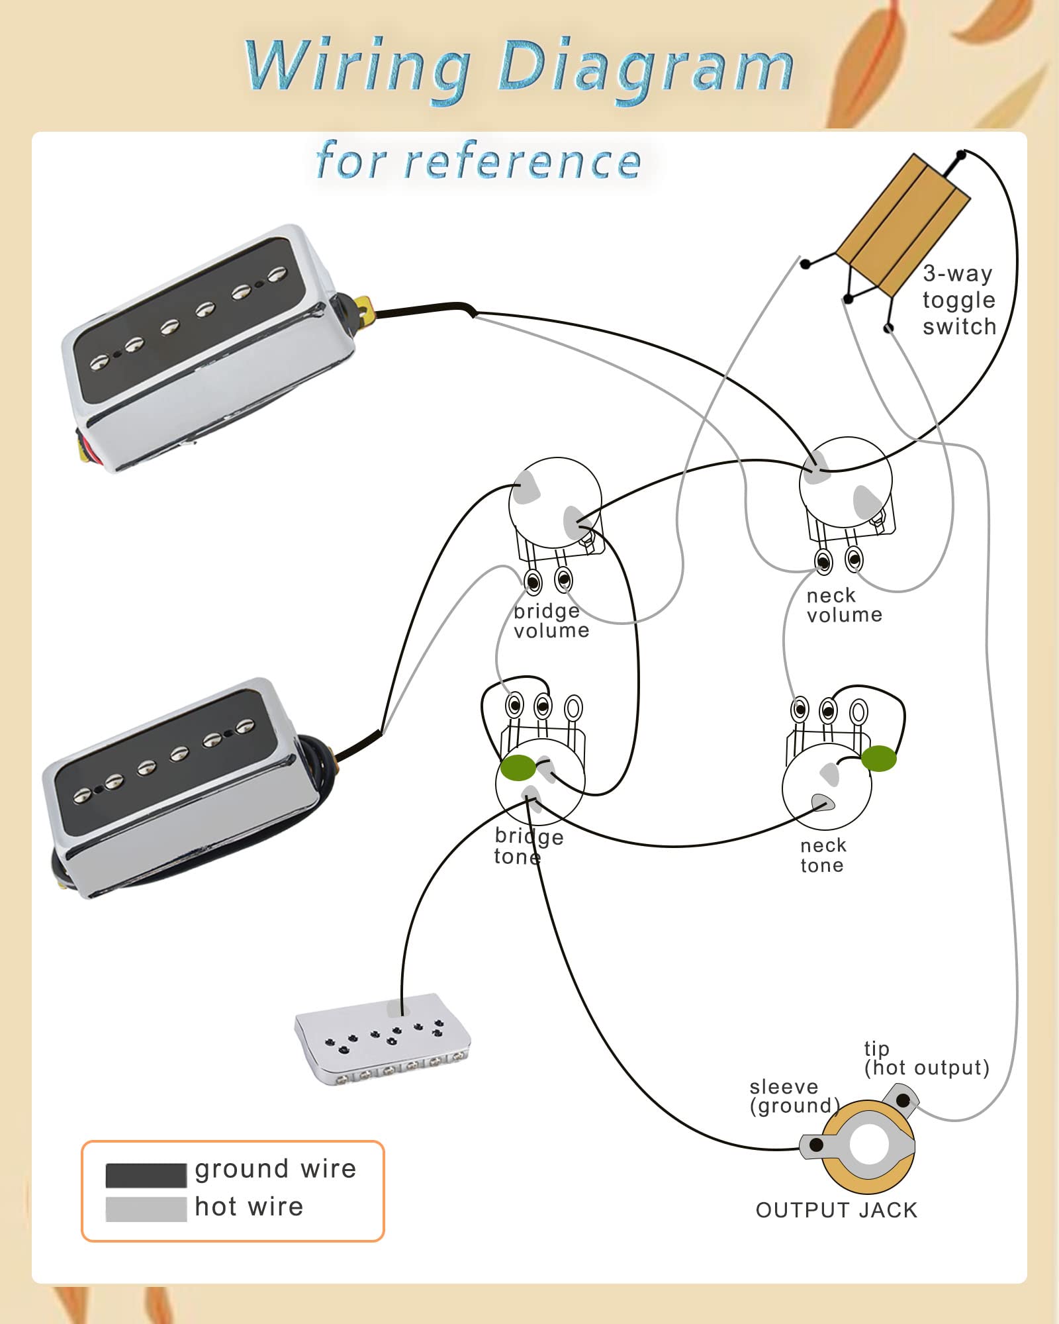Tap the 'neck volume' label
[x=844, y=605]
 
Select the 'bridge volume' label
[x=551, y=621]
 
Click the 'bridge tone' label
[x=528, y=847]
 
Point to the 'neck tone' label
[x=823, y=855]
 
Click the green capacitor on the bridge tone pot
[x=518, y=767]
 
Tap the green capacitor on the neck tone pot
[x=879, y=758]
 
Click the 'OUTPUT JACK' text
[x=837, y=1210]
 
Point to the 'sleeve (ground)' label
[x=794, y=1096]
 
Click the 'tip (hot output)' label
[x=926, y=1059]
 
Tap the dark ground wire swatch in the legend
[x=146, y=1175]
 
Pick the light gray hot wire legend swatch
[x=146, y=1209]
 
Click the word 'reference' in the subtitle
[x=522, y=162]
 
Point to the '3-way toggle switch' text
[x=959, y=300]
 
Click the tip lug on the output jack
[x=903, y=1100]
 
